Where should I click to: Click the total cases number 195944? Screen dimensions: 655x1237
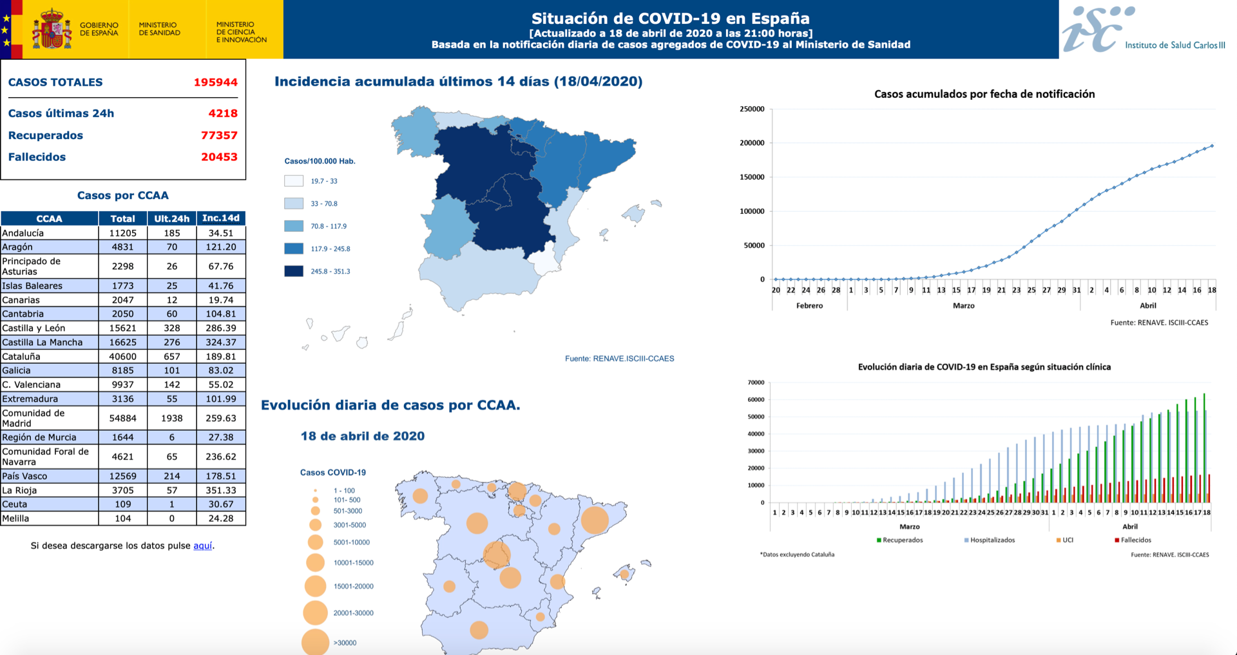pos(215,82)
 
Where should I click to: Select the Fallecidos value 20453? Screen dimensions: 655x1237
pos(219,157)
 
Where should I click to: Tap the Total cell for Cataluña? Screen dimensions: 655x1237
pos(122,357)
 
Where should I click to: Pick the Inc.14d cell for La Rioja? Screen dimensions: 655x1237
pos(220,491)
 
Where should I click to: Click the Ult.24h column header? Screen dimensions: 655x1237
pos(171,219)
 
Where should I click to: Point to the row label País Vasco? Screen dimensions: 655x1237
pos(24,477)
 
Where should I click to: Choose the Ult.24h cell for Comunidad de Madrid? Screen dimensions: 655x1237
pos(171,419)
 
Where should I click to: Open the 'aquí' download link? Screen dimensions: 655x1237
pos(202,546)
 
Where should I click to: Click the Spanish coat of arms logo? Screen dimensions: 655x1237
pos(52,29)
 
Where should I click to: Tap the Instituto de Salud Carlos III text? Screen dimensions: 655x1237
pos(1175,45)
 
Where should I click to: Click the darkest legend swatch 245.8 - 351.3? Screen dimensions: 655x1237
pos(294,271)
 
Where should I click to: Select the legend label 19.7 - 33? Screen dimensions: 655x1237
pos(324,182)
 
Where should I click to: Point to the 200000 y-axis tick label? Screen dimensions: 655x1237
pos(752,143)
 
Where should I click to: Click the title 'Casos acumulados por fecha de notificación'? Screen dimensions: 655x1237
pos(984,94)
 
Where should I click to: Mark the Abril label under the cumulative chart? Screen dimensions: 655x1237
pos(1147,306)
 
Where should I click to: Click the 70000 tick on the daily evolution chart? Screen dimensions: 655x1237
pos(756,383)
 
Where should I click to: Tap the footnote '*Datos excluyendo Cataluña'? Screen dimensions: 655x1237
pos(797,555)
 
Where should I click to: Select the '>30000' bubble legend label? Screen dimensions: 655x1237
pos(345,643)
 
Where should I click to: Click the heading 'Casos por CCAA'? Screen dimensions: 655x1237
pos(122,196)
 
